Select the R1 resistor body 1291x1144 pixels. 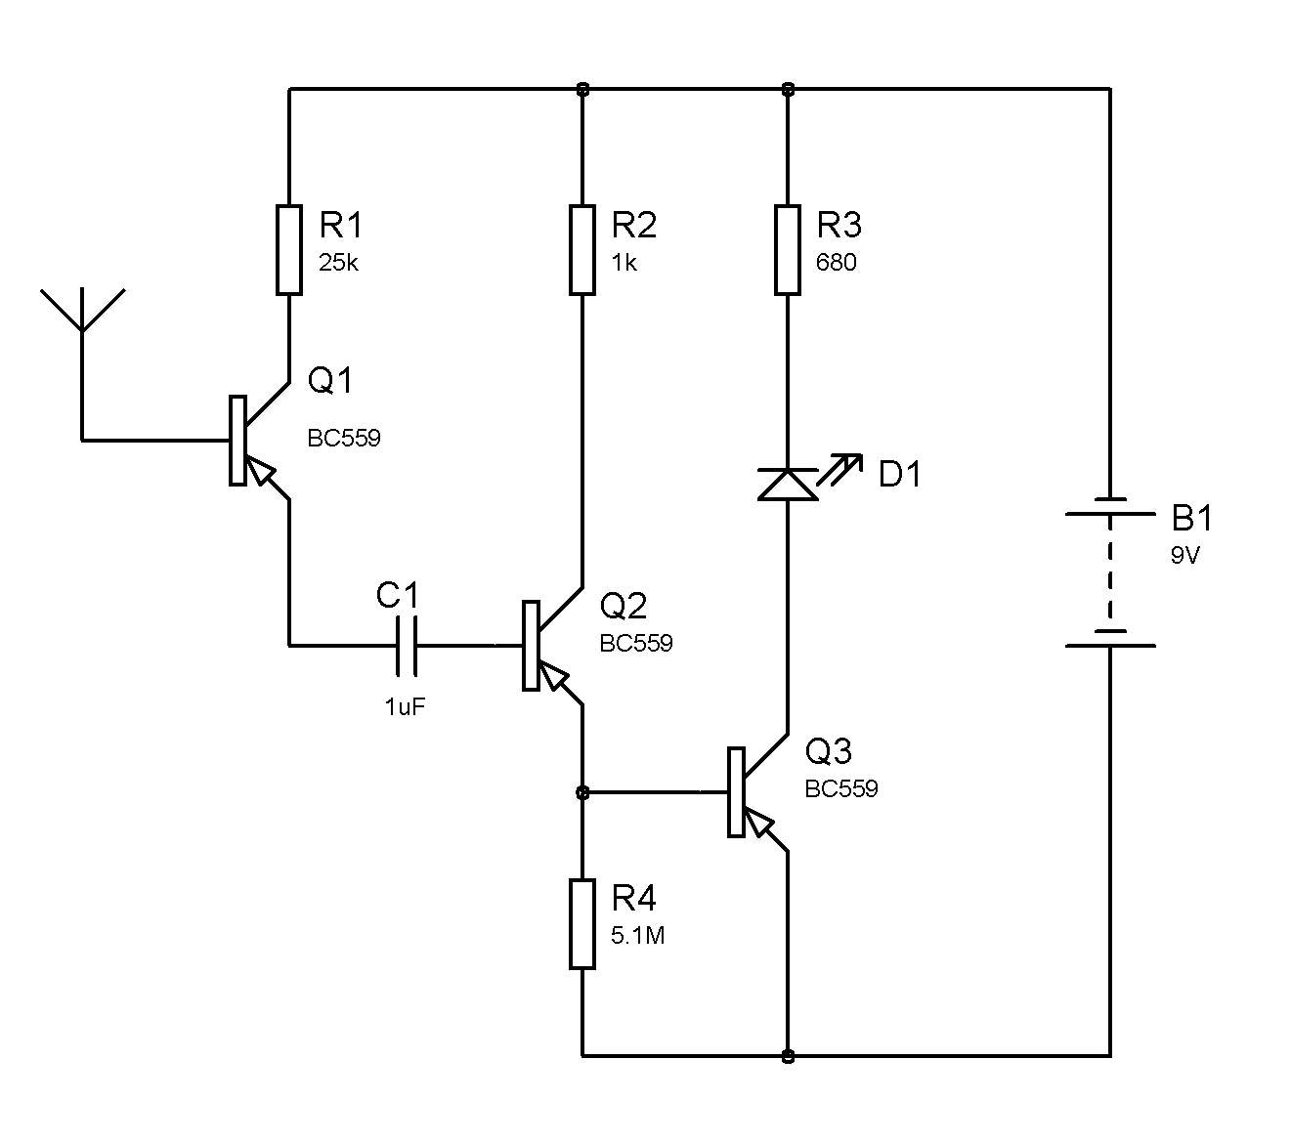click(x=288, y=250)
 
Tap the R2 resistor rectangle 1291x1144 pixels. click(x=581, y=250)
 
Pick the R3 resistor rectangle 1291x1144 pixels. click(x=788, y=250)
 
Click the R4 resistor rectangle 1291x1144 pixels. click(x=581, y=923)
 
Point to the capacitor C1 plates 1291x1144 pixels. click(x=407, y=645)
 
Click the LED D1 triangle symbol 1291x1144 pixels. click(x=788, y=485)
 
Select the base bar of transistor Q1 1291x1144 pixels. click(x=237, y=441)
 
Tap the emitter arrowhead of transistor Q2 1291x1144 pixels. click(x=554, y=676)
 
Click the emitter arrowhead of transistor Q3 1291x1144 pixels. click(x=759, y=823)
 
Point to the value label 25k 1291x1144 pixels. click(x=338, y=263)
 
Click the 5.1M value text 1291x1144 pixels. click(x=637, y=936)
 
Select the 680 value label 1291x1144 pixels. click(x=836, y=263)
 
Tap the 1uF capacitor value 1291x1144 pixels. click(x=405, y=706)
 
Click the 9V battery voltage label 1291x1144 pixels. click(x=1185, y=556)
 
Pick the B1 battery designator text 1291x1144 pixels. click(x=1191, y=518)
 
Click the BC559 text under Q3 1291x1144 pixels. click(x=841, y=788)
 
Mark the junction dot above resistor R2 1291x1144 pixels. click(x=581, y=89)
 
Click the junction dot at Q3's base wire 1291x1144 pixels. click(x=581, y=792)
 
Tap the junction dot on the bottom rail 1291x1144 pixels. click(x=788, y=1056)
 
